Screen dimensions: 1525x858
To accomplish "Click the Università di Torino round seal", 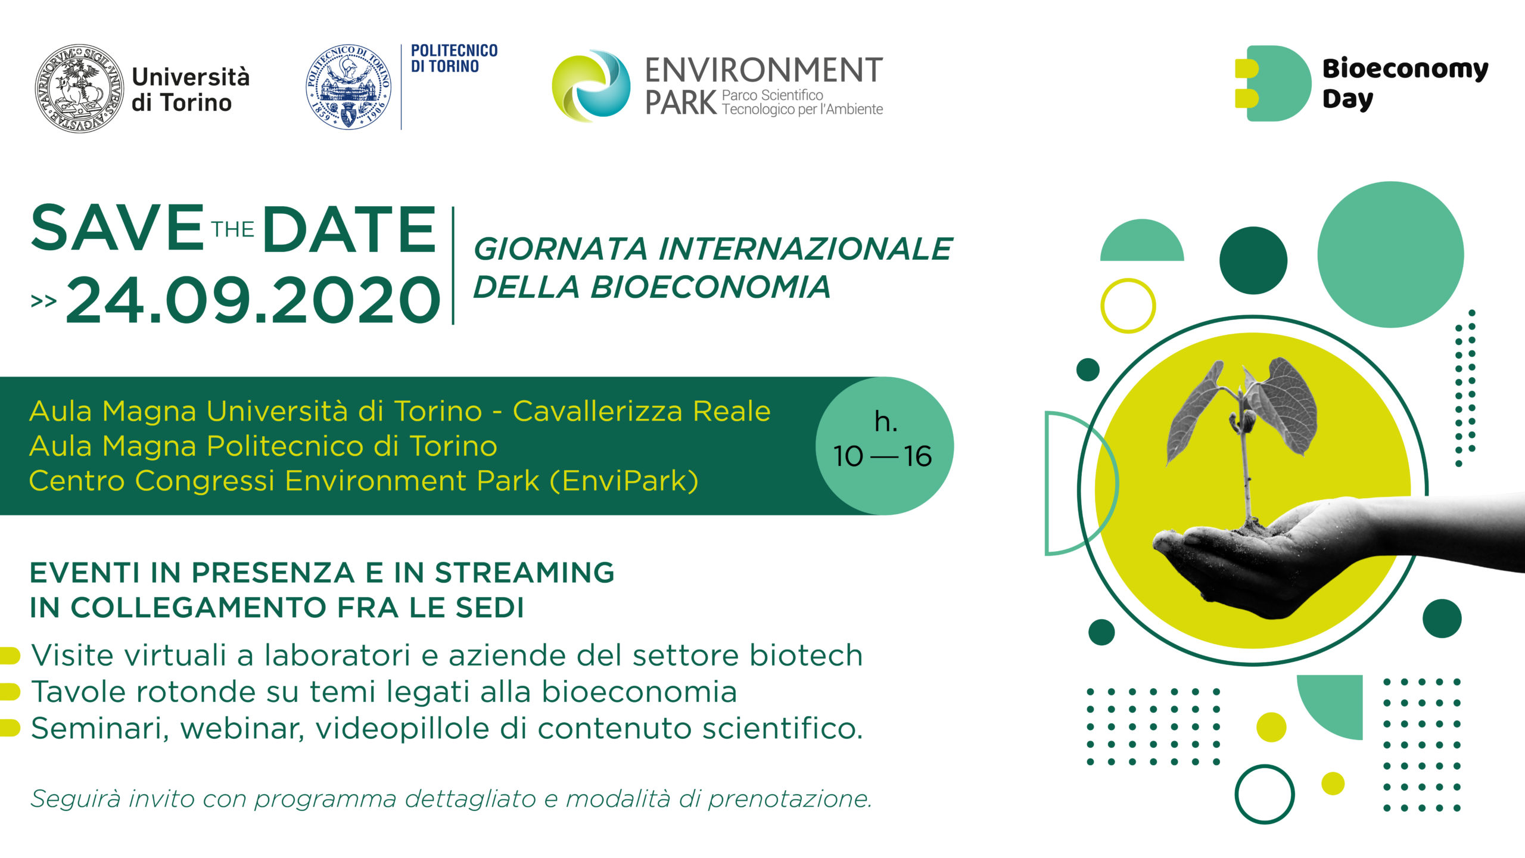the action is [79, 88].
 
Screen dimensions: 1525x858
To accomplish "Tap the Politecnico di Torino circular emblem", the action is [348, 87].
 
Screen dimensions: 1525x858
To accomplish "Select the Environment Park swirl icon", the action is [591, 86].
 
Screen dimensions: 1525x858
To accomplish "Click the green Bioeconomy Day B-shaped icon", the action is [1272, 83].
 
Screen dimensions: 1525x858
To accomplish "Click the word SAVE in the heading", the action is [117, 228].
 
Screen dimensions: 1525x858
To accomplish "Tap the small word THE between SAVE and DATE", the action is [233, 229].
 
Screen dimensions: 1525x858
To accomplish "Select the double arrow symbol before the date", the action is [43, 301].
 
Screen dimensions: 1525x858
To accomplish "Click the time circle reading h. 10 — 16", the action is [884, 446].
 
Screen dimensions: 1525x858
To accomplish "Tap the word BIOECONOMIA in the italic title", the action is [710, 287].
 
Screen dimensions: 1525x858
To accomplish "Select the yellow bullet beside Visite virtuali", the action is [10, 655].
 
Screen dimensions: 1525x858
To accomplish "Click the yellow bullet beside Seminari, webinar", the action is [10, 728].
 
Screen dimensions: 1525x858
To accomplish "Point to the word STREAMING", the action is [524, 573].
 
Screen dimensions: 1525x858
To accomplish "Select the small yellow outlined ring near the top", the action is [1128, 306].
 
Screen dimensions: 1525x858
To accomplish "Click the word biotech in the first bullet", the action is [806, 655].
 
